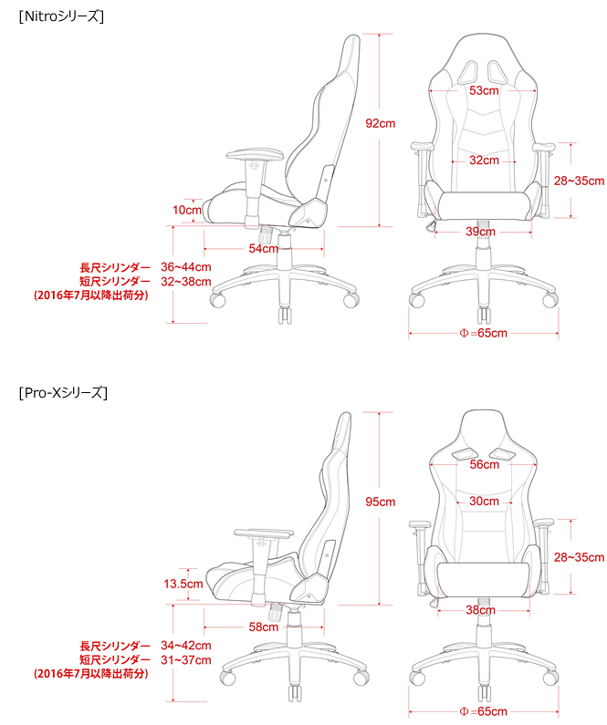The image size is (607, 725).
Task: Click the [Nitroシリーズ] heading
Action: (x=61, y=16)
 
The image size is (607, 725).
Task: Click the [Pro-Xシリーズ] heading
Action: (x=63, y=392)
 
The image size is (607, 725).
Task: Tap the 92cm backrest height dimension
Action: (x=381, y=123)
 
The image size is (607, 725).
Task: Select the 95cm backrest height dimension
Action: (x=381, y=502)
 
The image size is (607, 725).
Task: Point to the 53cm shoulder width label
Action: (x=484, y=90)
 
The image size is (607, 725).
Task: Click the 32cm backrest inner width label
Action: (x=484, y=161)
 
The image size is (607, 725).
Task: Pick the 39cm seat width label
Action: (x=480, y=232)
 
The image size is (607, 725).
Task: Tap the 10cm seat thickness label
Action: (x=187, y=210)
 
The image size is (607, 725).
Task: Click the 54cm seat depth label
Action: (x=263, y=248)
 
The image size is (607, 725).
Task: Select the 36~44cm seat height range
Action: (x=186, y=267)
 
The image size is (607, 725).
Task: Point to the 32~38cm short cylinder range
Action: (x=186, y=282)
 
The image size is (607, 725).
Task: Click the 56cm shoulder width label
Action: (x=485, y=464)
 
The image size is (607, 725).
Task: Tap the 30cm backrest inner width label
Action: (x=484, y=502)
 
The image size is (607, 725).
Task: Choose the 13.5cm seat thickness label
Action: (x=183, y=584)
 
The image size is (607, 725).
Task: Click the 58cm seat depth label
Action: (x=263, y=627)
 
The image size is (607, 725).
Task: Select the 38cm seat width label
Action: (x=480, y=610)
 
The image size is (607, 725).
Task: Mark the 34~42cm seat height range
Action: (x=186, y=645)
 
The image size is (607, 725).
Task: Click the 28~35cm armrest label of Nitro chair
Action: (x=580, y=181)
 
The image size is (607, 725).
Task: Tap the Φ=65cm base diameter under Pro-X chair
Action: (x=484, y=711)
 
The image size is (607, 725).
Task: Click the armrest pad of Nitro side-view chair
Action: (x=255, y=154)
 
